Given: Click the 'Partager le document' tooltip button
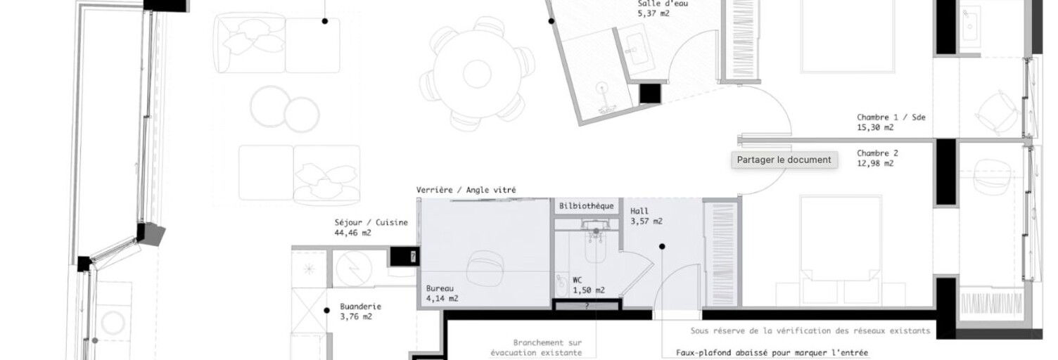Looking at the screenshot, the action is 784,160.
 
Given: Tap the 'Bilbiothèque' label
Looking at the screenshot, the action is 586,206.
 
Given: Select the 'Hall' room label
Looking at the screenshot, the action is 639,211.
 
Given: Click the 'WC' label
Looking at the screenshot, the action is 577,281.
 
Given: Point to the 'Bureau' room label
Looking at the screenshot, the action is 440,288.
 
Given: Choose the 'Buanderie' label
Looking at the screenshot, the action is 360,307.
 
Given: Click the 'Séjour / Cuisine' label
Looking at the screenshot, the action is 371,222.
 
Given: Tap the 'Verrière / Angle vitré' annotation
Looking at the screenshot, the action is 466,190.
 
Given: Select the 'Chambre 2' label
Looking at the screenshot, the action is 878,153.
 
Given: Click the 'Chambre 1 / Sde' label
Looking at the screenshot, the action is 891,117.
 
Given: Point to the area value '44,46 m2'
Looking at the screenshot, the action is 353,233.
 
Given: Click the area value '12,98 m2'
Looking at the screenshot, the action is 875,164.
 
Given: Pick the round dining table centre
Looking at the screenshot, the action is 477,74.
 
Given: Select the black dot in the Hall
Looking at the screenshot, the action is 662,246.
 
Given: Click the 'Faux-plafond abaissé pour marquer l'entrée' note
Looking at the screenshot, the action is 772,353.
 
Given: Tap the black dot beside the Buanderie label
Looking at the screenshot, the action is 326,311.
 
